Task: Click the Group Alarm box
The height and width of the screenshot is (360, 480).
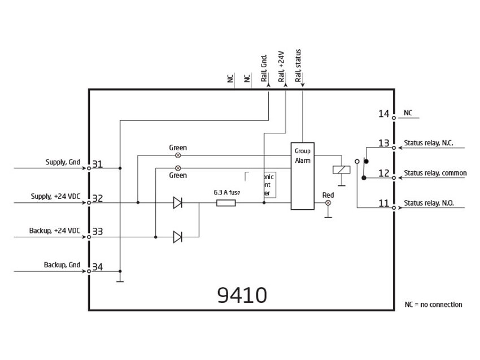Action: [302, 176]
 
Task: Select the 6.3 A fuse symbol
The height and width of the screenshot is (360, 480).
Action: [225, 202]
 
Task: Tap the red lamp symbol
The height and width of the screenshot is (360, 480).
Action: [328, 202]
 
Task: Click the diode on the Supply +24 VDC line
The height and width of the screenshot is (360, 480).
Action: [178, 202]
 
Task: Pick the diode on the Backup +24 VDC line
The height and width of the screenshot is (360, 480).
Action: [178, 237]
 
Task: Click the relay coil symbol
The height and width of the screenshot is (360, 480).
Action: [341, 170]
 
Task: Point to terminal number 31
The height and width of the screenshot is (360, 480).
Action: [98, 164]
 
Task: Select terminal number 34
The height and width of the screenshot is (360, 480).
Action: [98, 267]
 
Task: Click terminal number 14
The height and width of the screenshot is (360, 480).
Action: [384, 114]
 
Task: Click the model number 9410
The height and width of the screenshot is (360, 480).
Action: [242, 295]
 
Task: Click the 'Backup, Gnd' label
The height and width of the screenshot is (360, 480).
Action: [62, 264]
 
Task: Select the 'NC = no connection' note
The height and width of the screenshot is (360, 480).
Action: [433, 305]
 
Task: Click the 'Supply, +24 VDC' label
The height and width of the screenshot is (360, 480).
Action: [55, 197]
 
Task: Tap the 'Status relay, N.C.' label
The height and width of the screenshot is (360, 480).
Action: [429, 142]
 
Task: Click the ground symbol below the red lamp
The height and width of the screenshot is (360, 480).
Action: [328, 215]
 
